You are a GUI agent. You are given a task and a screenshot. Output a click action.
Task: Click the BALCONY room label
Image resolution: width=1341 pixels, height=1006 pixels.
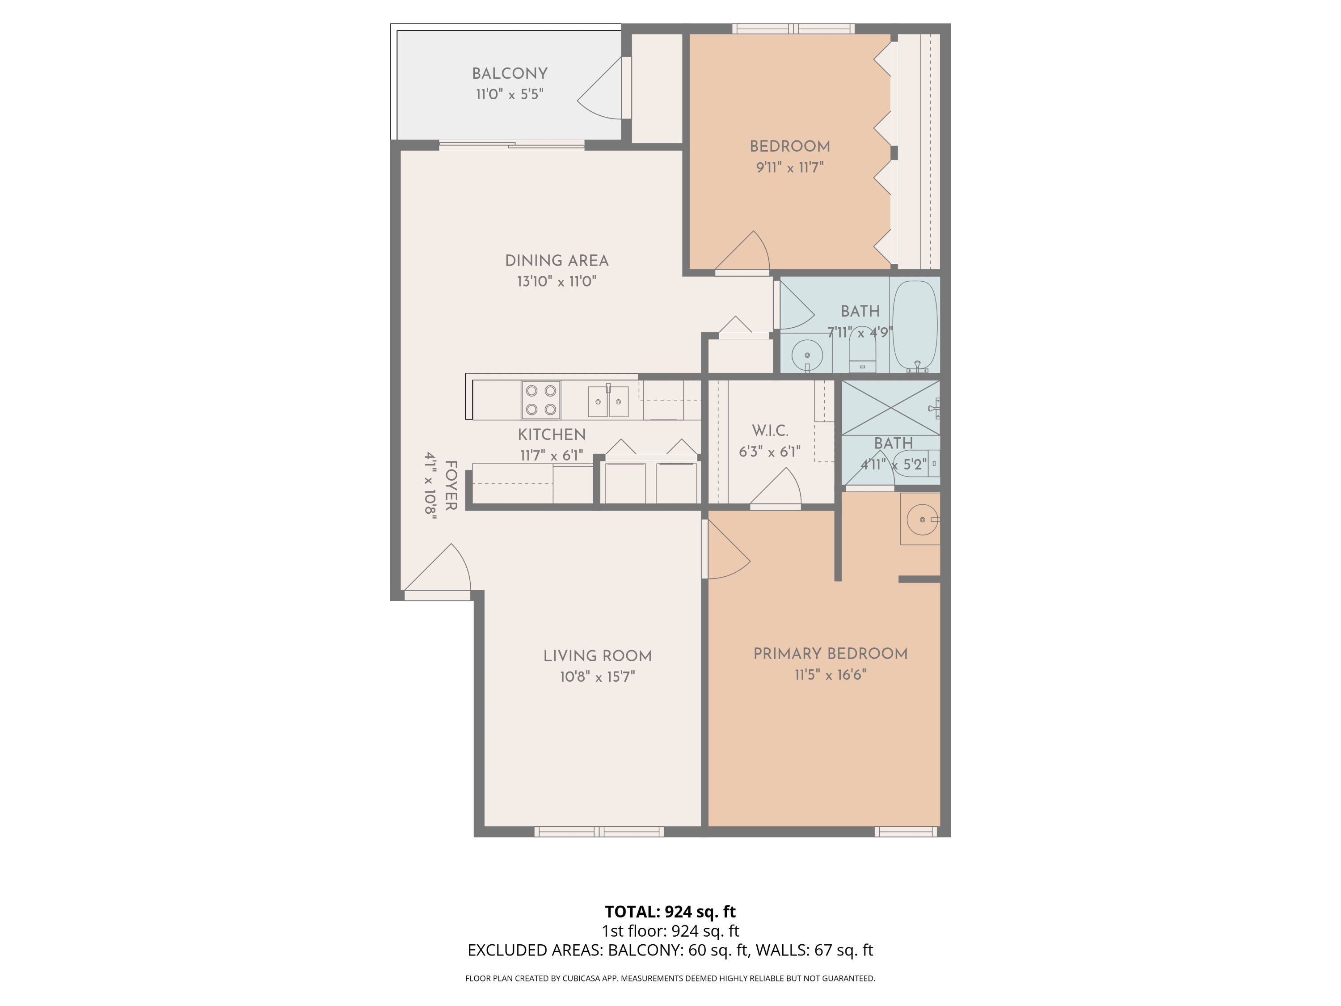pyautogui.click(x=509, y=73)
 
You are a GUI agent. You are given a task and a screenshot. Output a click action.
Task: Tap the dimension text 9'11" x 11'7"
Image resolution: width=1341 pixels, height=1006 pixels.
pyautogui.click(x=789, y=167)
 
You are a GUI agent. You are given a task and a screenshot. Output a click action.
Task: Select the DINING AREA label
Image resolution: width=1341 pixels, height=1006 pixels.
pyautogui.click(x=557, y=261)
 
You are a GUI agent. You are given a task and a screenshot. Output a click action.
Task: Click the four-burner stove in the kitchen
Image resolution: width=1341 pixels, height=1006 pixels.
pyautogui.click(x=541, y=400)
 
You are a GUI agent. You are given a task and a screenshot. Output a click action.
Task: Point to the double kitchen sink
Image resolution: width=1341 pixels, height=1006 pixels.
pyautogui.click(x=608, y=401)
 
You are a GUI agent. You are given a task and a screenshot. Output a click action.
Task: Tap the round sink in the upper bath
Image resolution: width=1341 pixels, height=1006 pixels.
pyautogui.click(x=807, y=355)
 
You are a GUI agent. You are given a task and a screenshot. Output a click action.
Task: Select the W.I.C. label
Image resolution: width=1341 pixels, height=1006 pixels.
pyautogui.click(x=770, y=431)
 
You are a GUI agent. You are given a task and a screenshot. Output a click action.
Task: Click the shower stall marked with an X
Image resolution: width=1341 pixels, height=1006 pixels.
pyautogui.click(x=890, y=407)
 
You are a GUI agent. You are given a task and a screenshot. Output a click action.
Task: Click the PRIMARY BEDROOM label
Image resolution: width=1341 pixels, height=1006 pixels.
pyautogui.click(x=830, y=654)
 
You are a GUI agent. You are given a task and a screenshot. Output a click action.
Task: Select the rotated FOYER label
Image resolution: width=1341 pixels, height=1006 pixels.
pyautogui.click(x=451, y=485)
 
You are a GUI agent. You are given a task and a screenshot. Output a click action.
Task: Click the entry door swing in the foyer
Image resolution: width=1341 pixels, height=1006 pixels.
pyautogui.click(x=443, y=570)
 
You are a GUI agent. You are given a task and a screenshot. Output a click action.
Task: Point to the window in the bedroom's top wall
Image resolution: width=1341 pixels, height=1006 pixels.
pyautogui.click(x=793, y=29)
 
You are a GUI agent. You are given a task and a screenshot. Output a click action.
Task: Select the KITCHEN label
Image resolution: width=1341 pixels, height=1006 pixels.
pyautogui.click(x=551, y=435)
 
